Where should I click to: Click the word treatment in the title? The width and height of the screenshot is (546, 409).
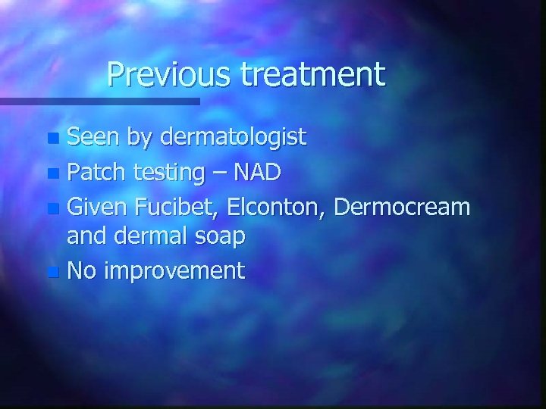[x=314, y=74]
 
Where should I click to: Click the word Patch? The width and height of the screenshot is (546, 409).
[x=97, y=172]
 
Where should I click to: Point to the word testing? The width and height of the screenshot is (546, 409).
[x=168, y=173]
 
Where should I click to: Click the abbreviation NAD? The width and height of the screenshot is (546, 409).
[x=256, y=172]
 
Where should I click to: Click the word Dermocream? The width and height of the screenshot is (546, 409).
[x=402, y=205]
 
